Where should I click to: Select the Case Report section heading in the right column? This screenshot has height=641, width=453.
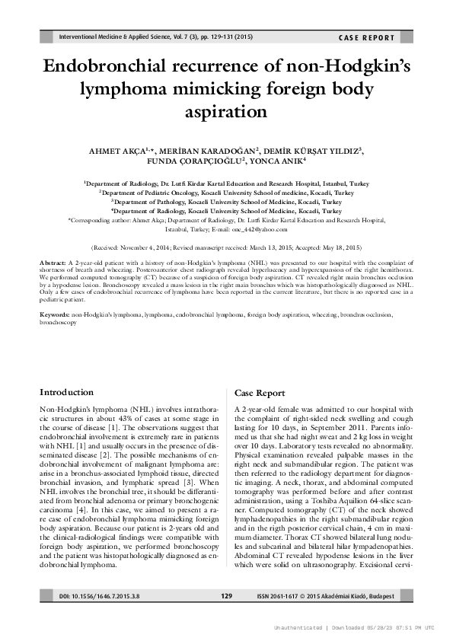pos(260,394)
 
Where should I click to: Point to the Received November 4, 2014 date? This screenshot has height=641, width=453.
pos(135,247)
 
